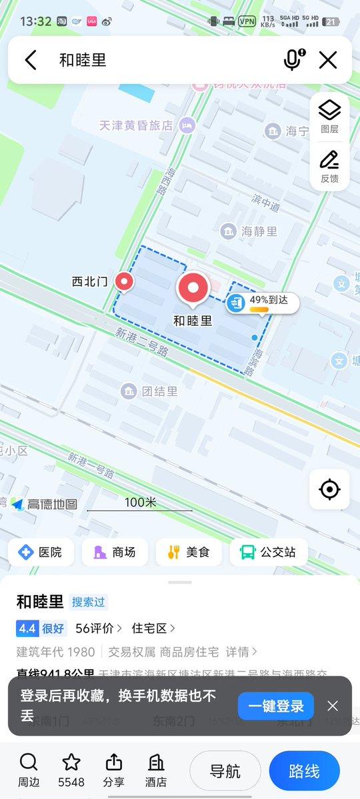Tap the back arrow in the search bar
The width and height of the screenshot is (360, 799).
tap(31, 60)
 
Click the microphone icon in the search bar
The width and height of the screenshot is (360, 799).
tap(293, 60)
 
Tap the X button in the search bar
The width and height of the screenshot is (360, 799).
tap(328, 60)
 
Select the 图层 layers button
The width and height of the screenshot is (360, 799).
tap(329, 117)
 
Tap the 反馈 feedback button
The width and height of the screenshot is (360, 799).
tap(329, 167)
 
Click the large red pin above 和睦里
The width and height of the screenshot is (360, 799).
tap(193, 289)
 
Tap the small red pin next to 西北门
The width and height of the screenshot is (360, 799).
tap(124, 282)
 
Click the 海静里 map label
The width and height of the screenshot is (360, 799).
tap(250, 231)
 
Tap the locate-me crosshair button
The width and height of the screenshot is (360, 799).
tap(329, 490)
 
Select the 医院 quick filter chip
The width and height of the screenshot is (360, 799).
tap(41, 552)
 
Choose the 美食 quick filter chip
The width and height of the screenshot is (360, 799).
tap(189, 552)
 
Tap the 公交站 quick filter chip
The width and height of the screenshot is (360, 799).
tap(269, 552)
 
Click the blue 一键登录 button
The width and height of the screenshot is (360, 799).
tap(276, 706)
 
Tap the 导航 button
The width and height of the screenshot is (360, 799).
tap(225, 772)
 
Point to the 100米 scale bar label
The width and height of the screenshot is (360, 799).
tap(140, 502)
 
